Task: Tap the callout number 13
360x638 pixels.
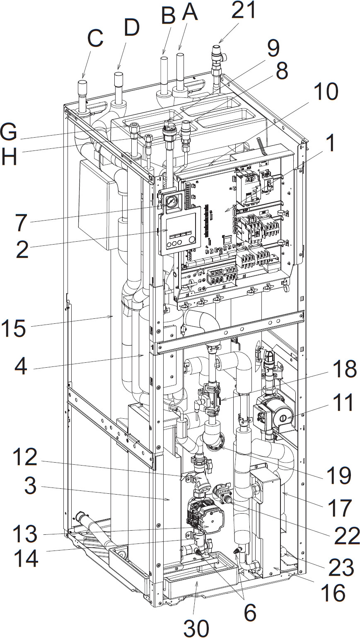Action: (x=26, y=534)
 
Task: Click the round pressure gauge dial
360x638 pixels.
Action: (x=170, y=202)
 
